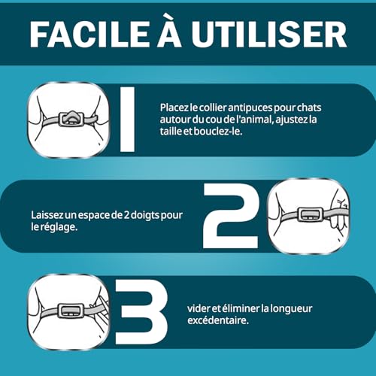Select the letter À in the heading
coord(181,34)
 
